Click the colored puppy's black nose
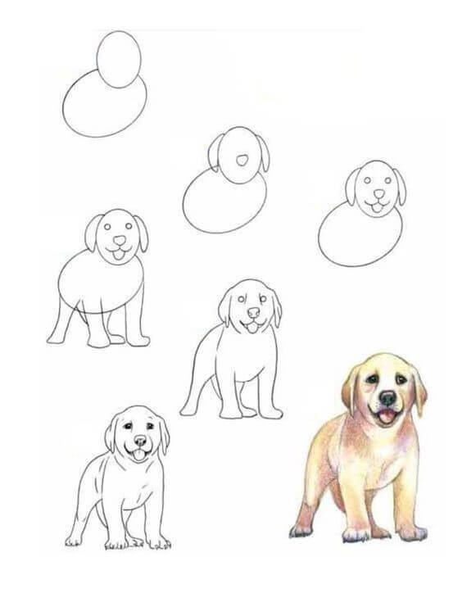click(387, 399)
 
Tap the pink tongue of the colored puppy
click(385, 417)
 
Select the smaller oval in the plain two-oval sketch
click(119, 59)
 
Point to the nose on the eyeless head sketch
click(243, 159)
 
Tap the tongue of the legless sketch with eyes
click(376, 207)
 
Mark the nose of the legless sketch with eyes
click(376, 195)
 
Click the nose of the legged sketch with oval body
click(120, 242)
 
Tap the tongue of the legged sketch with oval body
click(120, 256)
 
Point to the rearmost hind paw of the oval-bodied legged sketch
click(57, 337)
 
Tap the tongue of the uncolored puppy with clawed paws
click(138, 455)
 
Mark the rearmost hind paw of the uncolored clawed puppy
click(75, 541)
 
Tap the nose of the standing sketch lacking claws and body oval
click(253, 314)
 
